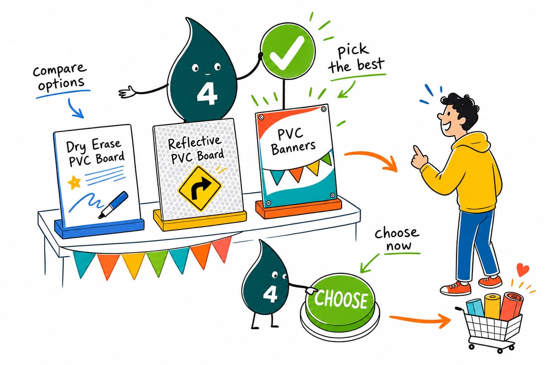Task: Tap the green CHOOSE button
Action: click(x=340, y=300)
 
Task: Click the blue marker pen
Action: click(x=113, y=204)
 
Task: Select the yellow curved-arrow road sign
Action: click(x=199, y=188)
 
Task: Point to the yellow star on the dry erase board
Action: click(x=74, y=182)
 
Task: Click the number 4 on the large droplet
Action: click(x=207, y=94)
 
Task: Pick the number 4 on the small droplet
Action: click(x=270, y=294)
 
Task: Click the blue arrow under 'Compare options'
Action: click(x=75, y=108)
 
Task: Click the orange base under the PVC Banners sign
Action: click(x=299, y=209)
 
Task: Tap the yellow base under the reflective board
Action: click(x=200, y=220)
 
